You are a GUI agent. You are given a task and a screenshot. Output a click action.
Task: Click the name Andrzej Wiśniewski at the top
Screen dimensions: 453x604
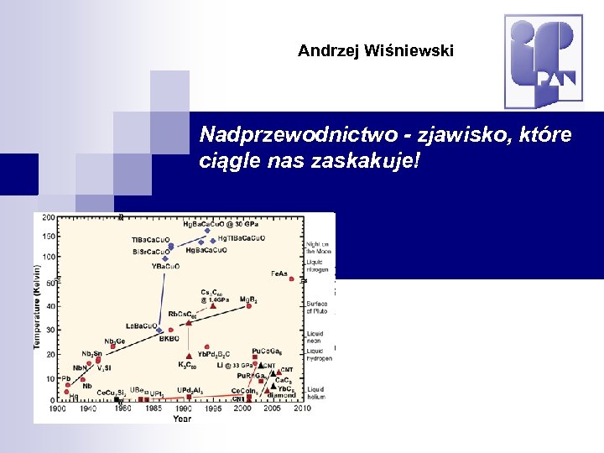375,51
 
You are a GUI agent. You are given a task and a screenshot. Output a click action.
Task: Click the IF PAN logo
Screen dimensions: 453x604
543,60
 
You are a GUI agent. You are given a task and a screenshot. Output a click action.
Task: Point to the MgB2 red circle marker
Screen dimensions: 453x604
248,305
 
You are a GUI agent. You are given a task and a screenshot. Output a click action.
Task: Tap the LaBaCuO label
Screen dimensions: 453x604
141,325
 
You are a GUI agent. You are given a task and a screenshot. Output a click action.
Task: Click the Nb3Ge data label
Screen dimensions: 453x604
115,341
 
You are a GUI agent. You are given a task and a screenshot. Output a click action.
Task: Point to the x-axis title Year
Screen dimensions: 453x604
182,418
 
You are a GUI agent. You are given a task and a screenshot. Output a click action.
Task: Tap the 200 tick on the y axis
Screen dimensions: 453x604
49,217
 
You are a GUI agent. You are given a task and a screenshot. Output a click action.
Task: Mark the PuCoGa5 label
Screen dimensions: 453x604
267,351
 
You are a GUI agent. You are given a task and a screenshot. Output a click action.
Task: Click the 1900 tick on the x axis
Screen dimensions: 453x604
58,409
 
